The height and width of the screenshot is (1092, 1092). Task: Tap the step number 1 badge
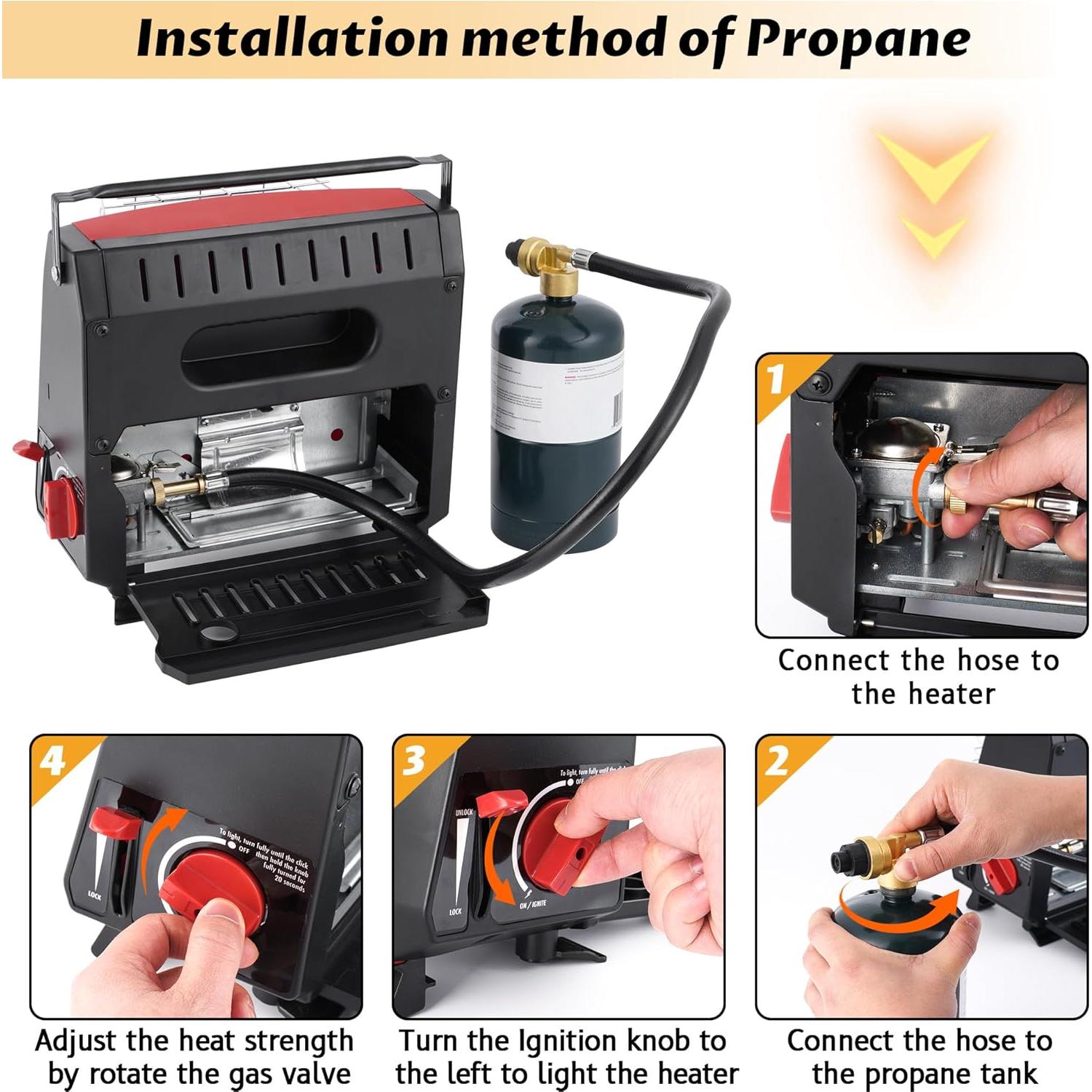pyautogui.click(x=776, y=379)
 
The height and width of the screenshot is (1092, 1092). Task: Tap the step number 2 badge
pyautogui.click(x=777, y=761)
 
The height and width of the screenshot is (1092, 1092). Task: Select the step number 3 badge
pyautogui.click(x=414, y=761)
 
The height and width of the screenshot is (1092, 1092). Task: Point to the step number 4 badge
pyautogui.click(x=52, y=761)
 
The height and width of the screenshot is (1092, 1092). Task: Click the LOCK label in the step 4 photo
pyautogui.click(x=95, y=895)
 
